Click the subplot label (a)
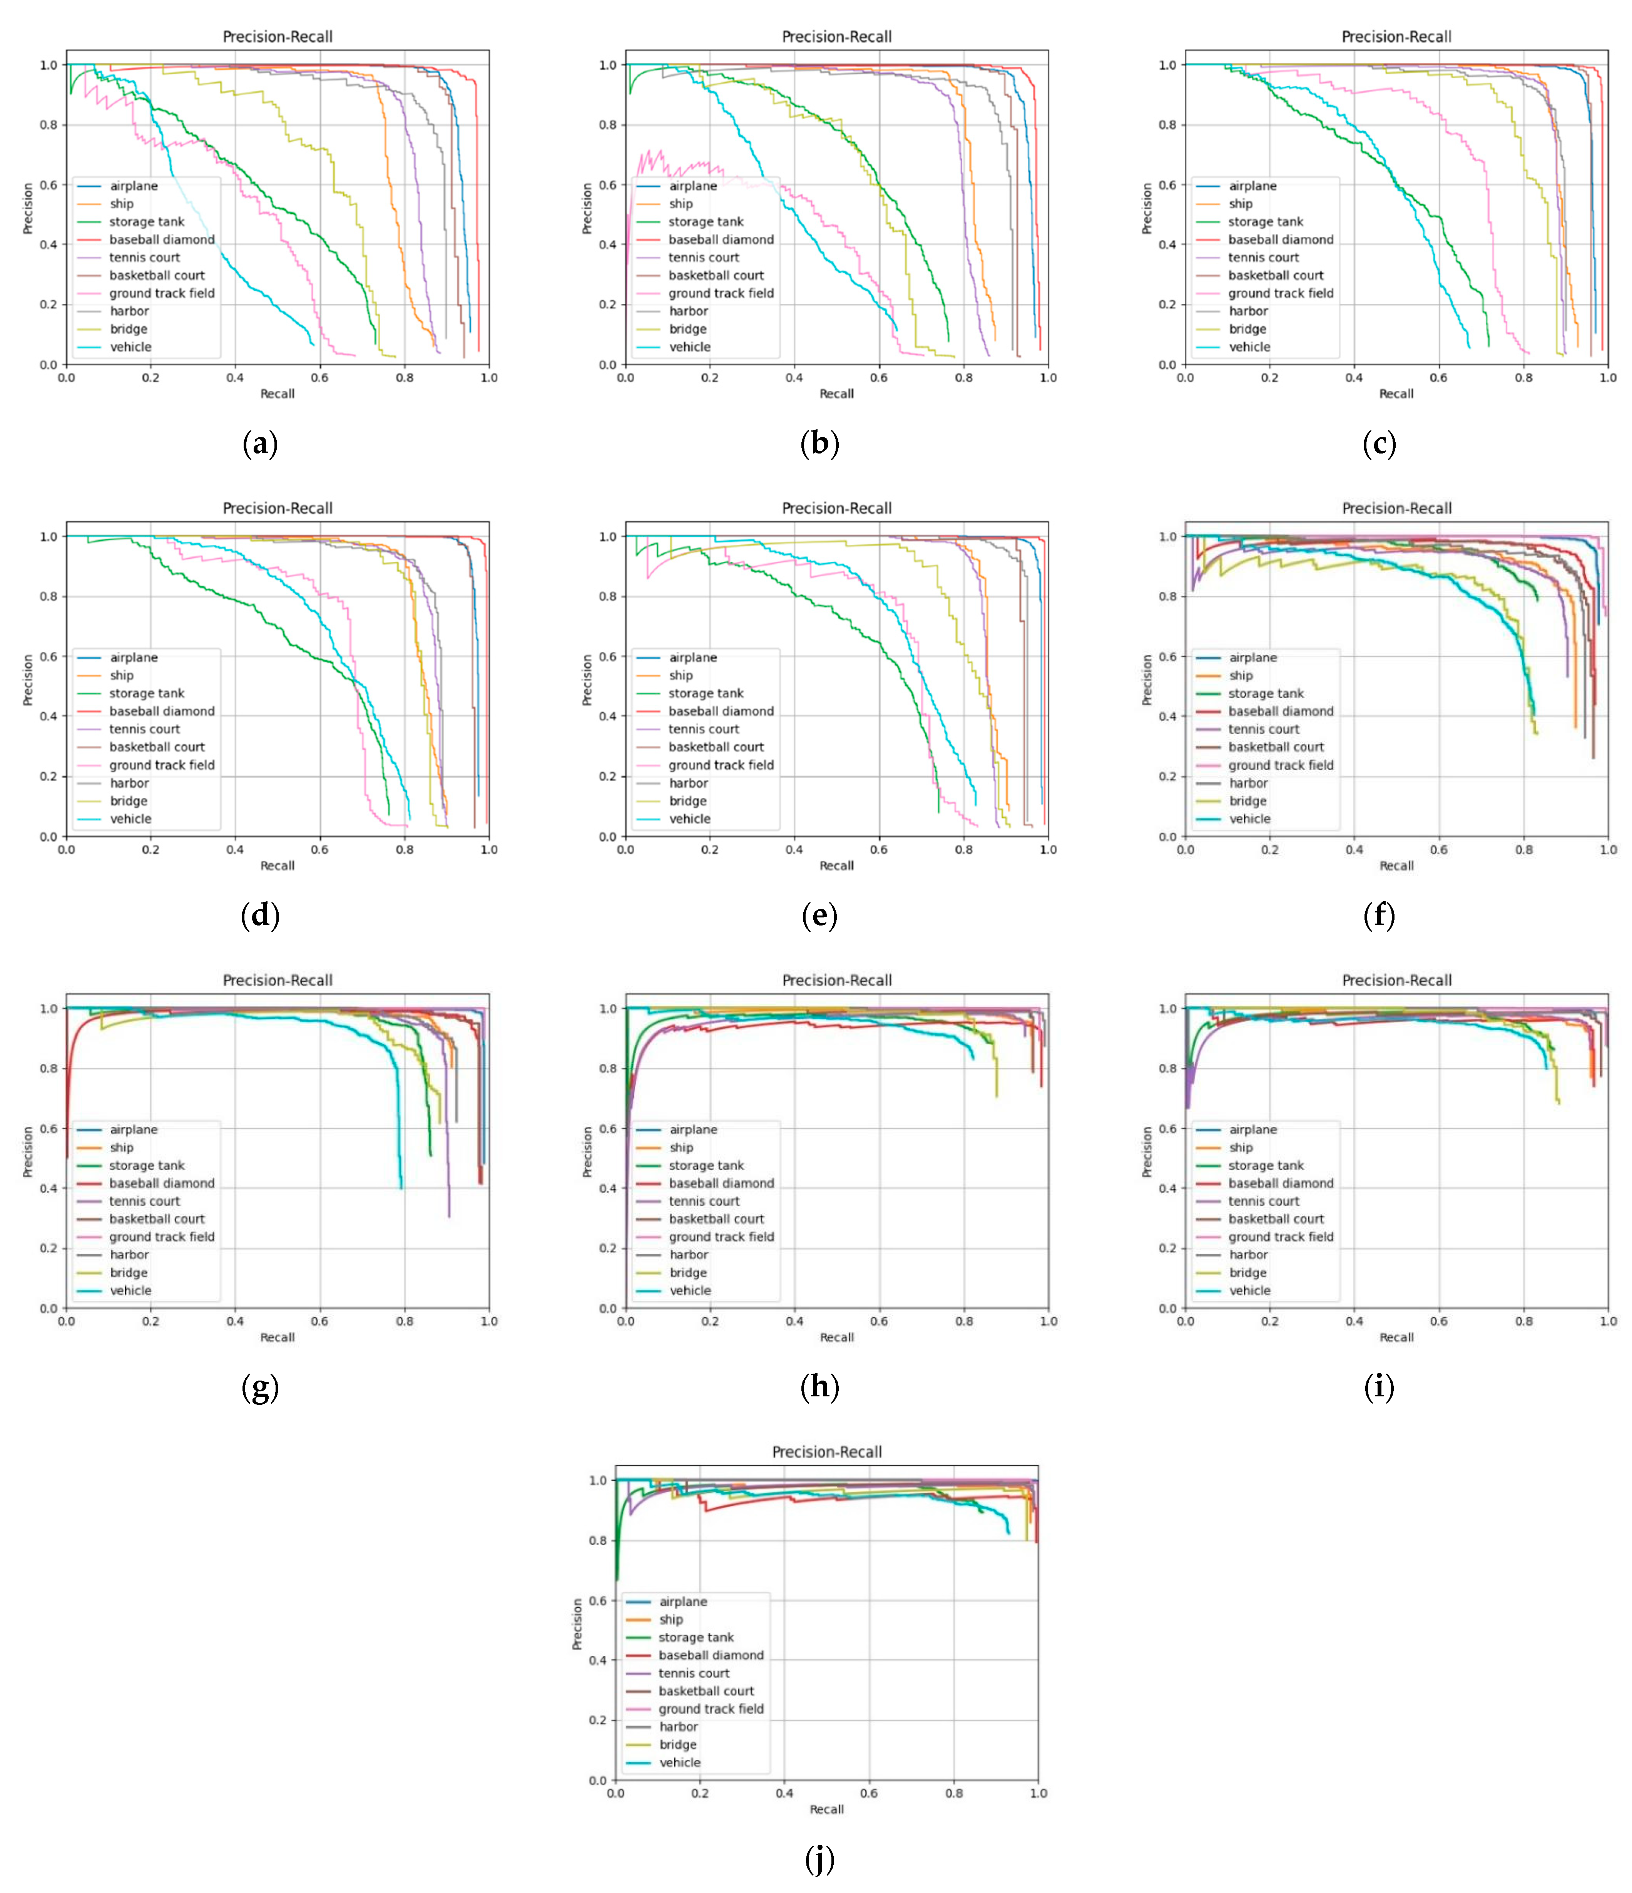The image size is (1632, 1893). (260, 444)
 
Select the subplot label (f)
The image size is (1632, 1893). (1378, 916)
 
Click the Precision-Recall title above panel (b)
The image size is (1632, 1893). (836, 37)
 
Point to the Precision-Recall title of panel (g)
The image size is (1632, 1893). (278, 980)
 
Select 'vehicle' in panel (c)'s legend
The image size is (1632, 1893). (1249, 347)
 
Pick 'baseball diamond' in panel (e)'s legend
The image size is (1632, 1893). (721, 711)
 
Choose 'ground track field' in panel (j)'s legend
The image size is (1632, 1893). (711, 1709)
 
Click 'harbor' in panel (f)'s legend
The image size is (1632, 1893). (1248, 783)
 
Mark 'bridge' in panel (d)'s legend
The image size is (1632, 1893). (129, 801)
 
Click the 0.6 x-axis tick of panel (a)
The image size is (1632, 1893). (319, 377)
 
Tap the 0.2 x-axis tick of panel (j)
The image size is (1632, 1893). (699, 1793)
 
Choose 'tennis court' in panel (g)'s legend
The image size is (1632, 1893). (144, 1202)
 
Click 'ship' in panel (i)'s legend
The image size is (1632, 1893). (1240, 1148)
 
